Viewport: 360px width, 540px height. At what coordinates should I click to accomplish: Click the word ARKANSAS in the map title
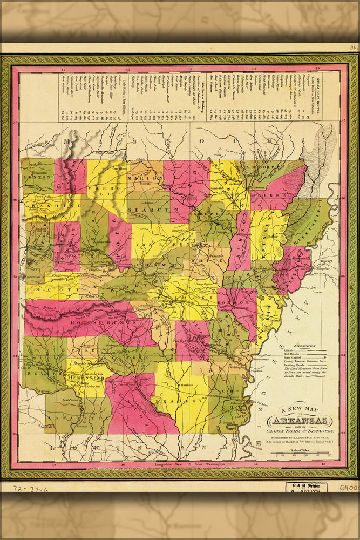299,421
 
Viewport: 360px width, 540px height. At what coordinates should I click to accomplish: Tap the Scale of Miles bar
300,455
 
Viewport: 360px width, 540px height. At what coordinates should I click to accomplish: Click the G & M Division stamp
306,487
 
